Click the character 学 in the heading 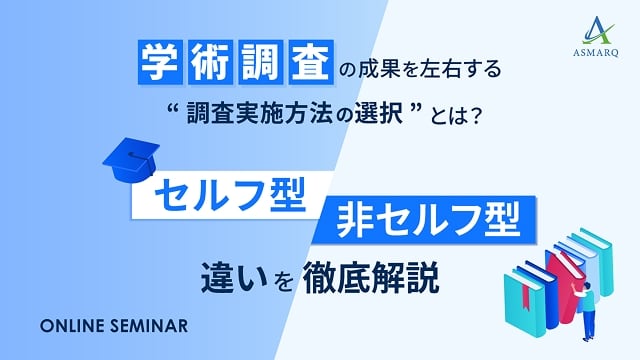pyautogui.click(x=156, y=66)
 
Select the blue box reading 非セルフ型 pyautogui.click(x=424, y=217)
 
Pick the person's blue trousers pyautogui.click(x=589, y=319)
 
